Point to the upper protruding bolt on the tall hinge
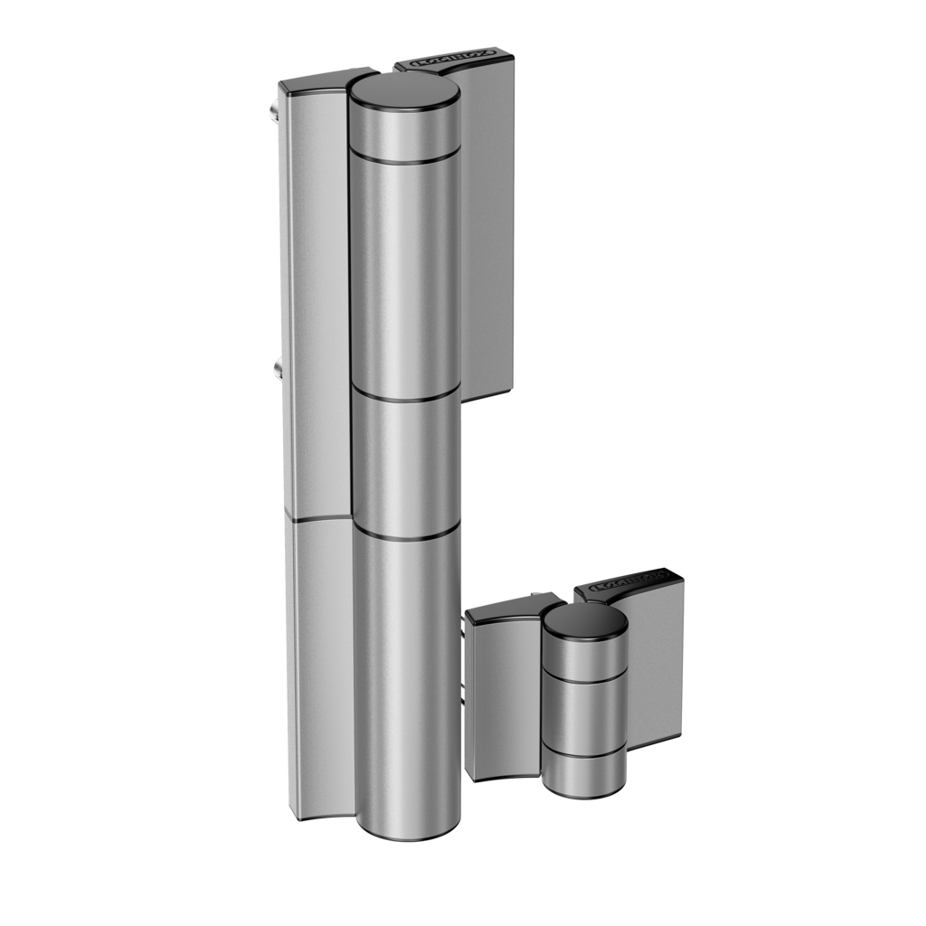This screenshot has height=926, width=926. [273, 111]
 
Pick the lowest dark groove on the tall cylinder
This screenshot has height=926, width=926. [407, 534]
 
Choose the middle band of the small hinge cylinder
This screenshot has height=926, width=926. [584, 713]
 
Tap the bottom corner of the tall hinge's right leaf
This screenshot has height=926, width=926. [509, 387]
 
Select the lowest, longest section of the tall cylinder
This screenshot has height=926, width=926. [407, 678]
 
